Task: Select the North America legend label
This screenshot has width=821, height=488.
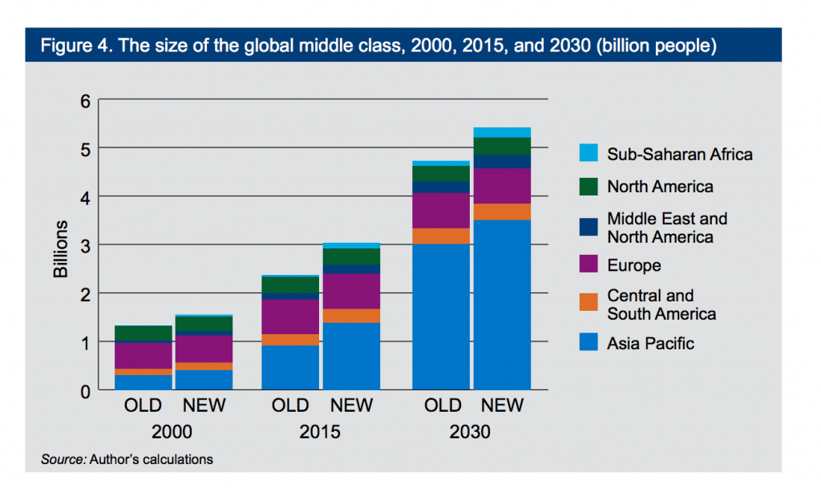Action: coord(660,187)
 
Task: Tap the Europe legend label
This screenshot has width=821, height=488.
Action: coord(633,265)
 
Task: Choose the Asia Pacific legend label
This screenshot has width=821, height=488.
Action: coord(650,344)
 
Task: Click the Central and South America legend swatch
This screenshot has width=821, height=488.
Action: coord(587,304)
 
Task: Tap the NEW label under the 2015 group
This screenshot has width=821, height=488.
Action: coord(351,405)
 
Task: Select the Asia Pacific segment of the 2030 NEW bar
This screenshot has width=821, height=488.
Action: coord(502,304)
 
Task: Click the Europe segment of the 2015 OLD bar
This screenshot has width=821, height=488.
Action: coord(290,317)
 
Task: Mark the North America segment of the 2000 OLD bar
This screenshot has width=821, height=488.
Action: coord(144,333)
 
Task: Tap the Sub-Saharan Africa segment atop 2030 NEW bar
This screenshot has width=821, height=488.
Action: coord(502,132)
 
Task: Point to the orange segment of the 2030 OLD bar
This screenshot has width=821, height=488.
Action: coord(441,236)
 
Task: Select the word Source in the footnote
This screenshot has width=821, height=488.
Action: coord(63,459)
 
